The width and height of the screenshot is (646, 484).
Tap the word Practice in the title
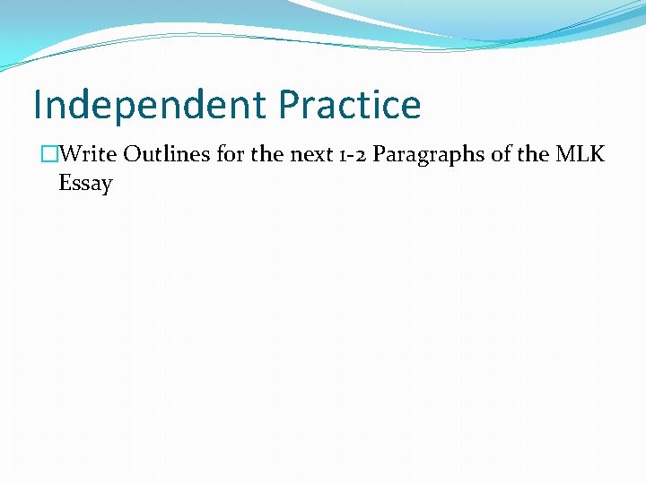(x=349, y=106)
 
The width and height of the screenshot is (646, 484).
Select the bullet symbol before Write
(x=49, y=154)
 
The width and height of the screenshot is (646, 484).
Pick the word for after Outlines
(x=231, y=154)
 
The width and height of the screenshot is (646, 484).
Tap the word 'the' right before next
(x=267, y=154)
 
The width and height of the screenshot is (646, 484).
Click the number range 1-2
(x=350, y=154)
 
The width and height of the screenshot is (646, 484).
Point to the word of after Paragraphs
(x=504, y=154)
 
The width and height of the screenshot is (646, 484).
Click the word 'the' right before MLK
(x=534, y=154)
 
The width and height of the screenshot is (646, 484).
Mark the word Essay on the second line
(x=85, y=185)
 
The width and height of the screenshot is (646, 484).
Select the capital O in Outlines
(x=133, y=154)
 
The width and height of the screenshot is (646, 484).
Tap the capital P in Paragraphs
(x=380, y=154)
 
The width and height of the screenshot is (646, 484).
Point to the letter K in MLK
(x=598, y=154)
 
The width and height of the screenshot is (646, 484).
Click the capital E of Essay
(x=65, y=184)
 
